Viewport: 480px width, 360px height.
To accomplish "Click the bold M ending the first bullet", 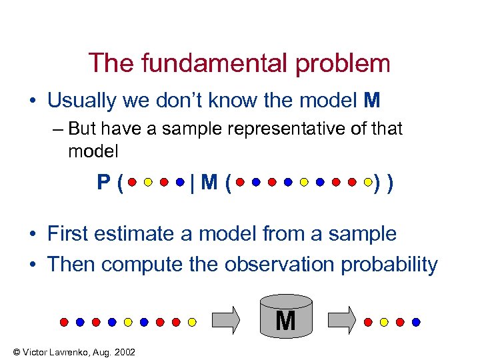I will [x=372, y=101].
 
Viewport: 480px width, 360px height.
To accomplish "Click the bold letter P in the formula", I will [x=103, y=181].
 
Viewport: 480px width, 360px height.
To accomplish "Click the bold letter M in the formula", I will [x=208, y=181].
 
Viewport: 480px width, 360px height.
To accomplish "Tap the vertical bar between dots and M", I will [x=192, y=181].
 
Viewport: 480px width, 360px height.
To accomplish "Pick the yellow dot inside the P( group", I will [x=148, y=181].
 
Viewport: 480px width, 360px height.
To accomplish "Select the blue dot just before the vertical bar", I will [x=180, y=181].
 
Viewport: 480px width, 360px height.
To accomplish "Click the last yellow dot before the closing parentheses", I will [x=368, y=181].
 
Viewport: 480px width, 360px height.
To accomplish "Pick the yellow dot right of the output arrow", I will [x=384, y=321].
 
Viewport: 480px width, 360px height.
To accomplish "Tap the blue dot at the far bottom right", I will [x=416, y=321].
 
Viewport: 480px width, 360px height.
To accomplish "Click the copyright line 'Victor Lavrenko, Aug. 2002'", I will [x=69, y=351].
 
